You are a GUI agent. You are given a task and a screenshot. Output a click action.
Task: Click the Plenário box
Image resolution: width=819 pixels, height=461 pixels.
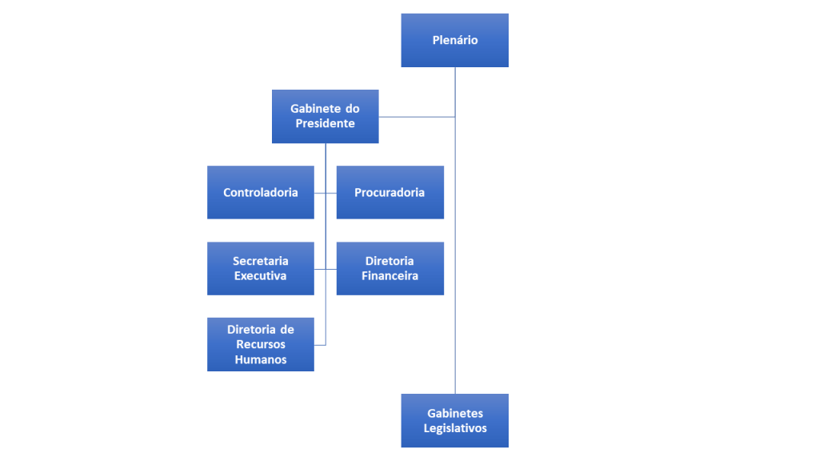point(454,40)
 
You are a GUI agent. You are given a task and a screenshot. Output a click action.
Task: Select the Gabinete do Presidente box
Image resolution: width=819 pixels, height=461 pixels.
point(325,116)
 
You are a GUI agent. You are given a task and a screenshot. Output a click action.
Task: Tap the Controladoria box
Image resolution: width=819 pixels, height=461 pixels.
point(260,192)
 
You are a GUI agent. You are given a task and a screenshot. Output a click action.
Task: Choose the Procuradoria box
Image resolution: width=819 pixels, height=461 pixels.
point(390,192)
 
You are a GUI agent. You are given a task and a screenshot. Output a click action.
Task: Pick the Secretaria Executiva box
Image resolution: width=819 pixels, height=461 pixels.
point(260,268)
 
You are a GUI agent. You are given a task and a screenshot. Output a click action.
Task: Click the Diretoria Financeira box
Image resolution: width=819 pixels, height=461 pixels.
point(390,268)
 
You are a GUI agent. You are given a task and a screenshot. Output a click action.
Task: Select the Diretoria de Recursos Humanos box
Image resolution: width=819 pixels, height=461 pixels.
point(260,344)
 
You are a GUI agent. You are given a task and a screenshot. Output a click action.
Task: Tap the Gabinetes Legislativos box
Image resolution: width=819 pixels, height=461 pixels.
point(454,420)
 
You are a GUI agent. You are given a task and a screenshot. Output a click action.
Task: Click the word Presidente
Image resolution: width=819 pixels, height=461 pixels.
point(325,124)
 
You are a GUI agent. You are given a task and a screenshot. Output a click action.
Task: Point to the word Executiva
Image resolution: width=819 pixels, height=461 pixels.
point(260,276)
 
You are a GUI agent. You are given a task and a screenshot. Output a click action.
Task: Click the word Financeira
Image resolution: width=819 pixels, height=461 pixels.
point(390,276)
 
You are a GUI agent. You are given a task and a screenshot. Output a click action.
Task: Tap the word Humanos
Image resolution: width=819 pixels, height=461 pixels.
point(260,359)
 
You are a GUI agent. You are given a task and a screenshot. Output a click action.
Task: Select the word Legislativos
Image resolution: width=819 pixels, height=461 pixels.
point(455,428)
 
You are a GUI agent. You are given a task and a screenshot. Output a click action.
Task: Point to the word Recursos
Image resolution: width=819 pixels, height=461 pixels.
point(260,344)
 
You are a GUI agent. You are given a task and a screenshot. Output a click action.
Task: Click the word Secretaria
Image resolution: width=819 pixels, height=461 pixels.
point(260,261)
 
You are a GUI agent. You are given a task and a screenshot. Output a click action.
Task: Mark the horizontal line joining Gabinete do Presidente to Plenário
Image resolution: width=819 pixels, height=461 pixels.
point(417,117)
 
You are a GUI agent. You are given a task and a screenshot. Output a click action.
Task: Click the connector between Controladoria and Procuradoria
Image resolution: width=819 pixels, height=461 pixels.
point(326,193)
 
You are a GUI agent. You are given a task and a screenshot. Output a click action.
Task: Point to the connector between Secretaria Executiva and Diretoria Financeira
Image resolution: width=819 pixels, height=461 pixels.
point(326,269)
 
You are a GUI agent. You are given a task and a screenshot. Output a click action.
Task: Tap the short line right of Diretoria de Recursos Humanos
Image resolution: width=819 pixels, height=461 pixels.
point(320,344)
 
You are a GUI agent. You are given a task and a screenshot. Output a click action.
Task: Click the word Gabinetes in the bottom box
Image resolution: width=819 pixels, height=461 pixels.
point(455,413)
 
